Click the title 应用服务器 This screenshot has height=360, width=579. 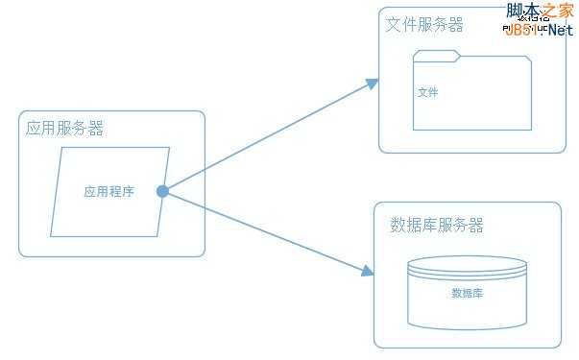click(x=65, y=129)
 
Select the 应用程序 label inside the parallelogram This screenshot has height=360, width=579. click(x=109, y=191)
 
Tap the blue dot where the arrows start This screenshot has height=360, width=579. click(x=162, y=191)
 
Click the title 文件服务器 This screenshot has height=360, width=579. click(x=424, y=24)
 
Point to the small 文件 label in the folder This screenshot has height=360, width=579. click(x=427, y=93)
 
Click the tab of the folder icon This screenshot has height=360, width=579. click(x=437, y=54)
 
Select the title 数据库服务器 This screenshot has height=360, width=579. click(x=437, y=226)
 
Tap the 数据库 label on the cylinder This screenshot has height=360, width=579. click(x=467, y=293)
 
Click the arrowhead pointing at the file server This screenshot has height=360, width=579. click(x=373, y=84)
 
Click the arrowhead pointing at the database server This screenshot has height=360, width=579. click(x=367, y=272)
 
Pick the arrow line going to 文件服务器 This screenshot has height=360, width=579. click(x=269, y=136)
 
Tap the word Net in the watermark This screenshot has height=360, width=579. click(x=561, y=29)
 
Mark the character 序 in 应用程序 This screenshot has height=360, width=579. click(x=128, y=191)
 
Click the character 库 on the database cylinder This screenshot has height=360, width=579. click(x=477, y=293)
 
